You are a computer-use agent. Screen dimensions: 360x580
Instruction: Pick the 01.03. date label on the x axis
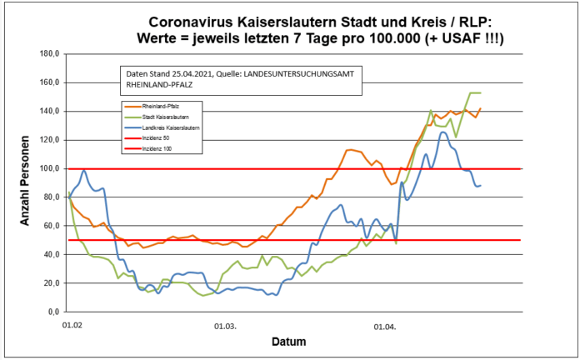tap(226, 327)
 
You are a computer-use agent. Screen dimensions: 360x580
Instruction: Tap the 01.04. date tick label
tap(385, 327)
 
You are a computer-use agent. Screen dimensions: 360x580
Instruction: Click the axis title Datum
tap(288, 342)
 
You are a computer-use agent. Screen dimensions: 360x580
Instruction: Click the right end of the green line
tap(480, 92)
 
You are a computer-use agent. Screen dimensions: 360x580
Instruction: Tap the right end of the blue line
tap(480, 185)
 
